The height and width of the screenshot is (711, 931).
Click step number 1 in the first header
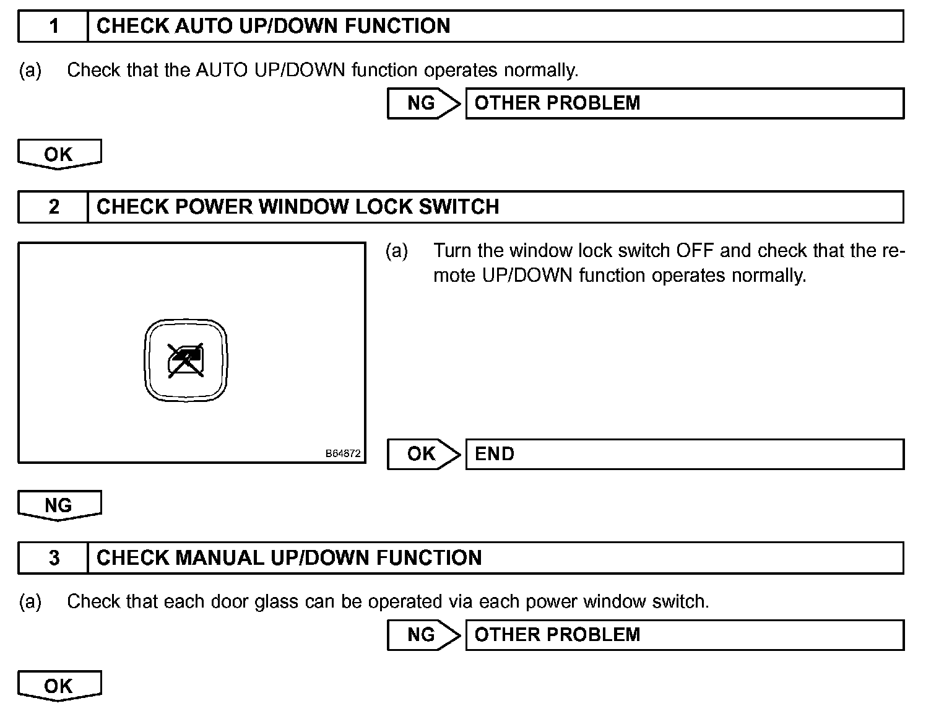tap(54, 26)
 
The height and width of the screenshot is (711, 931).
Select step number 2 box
tap(54, 206)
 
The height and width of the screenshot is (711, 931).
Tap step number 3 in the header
tap(54, 557)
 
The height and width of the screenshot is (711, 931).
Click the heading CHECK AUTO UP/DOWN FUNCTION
tap(273, 26)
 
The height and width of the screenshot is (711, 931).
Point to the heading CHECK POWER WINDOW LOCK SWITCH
tap(298, 206)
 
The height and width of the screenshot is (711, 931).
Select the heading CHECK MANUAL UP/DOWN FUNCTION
tap(289, 557)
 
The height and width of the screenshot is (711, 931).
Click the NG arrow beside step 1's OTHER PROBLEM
tap(423, 103)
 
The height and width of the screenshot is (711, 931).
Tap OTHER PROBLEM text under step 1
tap(557, 103)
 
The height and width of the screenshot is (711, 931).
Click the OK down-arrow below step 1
tap(59, 154)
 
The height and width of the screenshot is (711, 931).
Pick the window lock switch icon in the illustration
tap(186, 360)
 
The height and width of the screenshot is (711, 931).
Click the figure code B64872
tap(343, 454)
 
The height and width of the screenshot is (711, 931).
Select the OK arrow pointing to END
tap(423, 454)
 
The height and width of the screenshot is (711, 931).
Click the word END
tap(494, 454)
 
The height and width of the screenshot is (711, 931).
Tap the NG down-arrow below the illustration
tap(59, 505)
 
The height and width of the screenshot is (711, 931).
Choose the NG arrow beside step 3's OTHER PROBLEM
tap(423, 635)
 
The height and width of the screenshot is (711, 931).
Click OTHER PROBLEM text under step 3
tap(557, 635)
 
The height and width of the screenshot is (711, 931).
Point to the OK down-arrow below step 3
tap(59, 686)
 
